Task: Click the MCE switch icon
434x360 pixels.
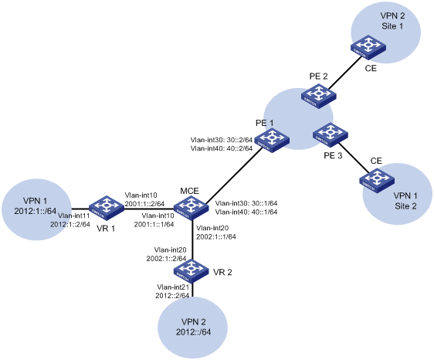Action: (191, 208)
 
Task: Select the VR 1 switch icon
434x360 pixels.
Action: (107, 208)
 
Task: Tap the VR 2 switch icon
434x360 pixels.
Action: (191, 270)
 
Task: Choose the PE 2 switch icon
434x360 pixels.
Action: (319, 96)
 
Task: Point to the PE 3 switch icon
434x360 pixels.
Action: (331, 135)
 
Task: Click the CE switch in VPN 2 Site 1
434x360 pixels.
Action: (368, 47)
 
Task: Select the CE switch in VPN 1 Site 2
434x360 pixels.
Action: (377, 181)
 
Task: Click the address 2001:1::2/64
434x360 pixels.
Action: (144, 204)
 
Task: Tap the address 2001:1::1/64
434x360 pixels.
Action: (154, 224)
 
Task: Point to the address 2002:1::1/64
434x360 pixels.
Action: (216, 236)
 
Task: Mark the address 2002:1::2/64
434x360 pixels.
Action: (166, 259)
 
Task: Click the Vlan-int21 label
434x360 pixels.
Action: (173, 287)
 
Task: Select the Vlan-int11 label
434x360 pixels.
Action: (74, 216)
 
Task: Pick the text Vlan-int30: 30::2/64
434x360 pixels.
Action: (222, 139)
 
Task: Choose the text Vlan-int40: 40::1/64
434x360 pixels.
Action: (246, 212)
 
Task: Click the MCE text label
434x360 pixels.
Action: (189, 191)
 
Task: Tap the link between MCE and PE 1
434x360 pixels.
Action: (234, 175)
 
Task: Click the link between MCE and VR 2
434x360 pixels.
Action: (192, 239)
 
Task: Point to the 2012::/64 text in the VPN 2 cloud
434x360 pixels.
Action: (194, 331)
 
